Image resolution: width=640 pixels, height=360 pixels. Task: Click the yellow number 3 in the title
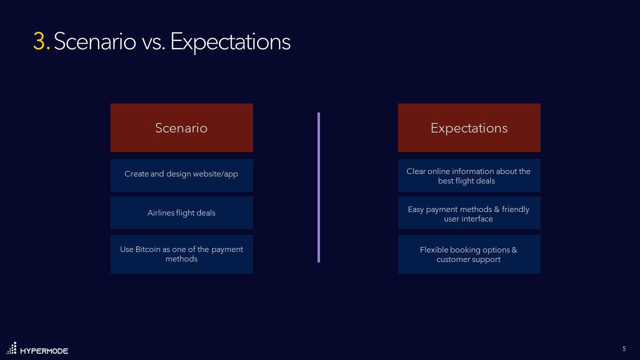[39, 41]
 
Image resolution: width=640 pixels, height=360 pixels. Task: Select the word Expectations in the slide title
[230, 43]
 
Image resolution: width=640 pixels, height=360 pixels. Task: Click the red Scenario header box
[181, 127]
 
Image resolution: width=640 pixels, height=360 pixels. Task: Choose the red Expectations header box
[469, 127]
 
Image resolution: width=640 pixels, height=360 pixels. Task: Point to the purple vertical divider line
[318, 187]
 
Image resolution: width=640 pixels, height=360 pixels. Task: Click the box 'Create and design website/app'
[181, 175]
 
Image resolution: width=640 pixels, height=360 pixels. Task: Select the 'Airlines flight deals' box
[181, 213]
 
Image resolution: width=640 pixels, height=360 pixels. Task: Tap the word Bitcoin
[148, 249]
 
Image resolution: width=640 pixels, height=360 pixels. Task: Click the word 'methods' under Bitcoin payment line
[181, 259]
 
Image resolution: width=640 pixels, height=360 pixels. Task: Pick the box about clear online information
[469, 175]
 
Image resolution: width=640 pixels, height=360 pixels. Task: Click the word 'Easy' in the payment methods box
[415, 209]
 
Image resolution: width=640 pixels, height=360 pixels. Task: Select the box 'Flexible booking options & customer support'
[469, 254]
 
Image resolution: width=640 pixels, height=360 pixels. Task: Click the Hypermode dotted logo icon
[11, 348]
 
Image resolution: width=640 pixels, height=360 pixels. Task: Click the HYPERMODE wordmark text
[44, 351]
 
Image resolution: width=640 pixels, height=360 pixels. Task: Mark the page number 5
[624, 349]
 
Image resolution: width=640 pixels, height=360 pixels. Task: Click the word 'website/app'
[215, 174]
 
